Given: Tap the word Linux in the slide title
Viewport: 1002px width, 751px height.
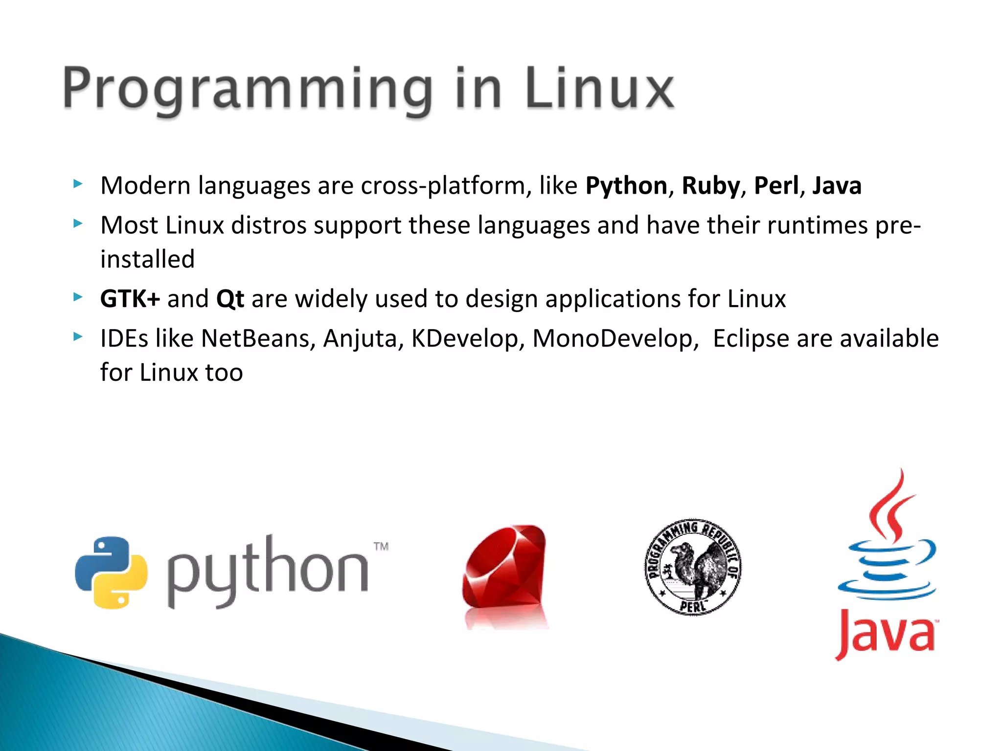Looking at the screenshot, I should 600,89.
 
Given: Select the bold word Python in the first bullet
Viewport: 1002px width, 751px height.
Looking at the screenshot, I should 626,186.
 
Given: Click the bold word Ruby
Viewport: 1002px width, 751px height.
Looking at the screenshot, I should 711,186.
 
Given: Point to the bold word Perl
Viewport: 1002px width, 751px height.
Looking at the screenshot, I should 776,186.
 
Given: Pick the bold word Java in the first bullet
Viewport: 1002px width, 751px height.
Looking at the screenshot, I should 837,186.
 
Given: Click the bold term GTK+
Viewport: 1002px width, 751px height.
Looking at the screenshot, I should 130,299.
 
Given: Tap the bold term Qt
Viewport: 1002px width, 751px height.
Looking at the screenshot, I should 230,299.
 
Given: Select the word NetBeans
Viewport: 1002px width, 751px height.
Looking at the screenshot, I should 255,338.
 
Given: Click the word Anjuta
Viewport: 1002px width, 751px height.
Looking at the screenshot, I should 360,338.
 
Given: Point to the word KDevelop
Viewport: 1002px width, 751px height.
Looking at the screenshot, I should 465,338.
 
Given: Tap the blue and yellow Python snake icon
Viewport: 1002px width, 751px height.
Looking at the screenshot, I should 112,573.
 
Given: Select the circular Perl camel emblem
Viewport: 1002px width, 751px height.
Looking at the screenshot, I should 692,567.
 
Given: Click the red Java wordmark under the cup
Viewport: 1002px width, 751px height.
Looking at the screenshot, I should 886,634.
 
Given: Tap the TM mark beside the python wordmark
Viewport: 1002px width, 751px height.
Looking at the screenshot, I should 381,546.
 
